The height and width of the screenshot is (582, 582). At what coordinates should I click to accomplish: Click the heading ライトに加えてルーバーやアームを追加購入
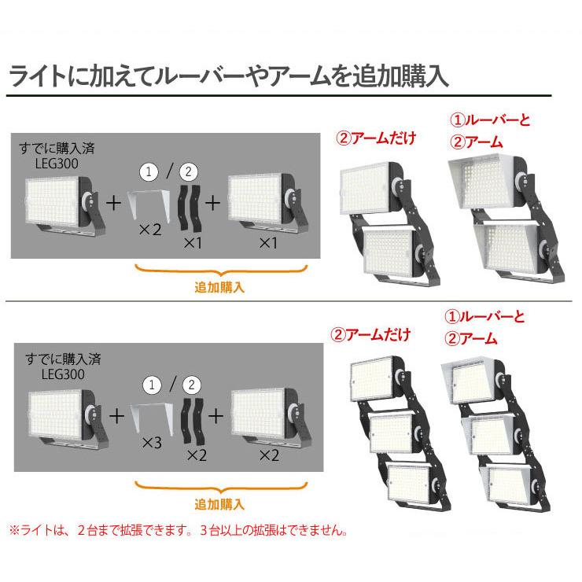point(228,76)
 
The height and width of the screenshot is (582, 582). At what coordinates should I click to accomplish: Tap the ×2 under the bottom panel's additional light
point(269,455)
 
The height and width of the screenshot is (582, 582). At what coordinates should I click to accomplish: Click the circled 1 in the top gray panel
point(149,171)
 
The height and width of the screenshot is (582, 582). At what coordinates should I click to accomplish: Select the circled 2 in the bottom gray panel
point(190,385)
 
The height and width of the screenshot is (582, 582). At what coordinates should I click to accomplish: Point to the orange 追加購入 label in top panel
point(219,287)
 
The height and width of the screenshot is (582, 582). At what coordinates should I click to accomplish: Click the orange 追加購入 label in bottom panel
point(219,503)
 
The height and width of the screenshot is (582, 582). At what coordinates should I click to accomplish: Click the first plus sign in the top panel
point(113,203)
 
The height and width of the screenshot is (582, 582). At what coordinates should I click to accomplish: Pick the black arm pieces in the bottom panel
point(192,421)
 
